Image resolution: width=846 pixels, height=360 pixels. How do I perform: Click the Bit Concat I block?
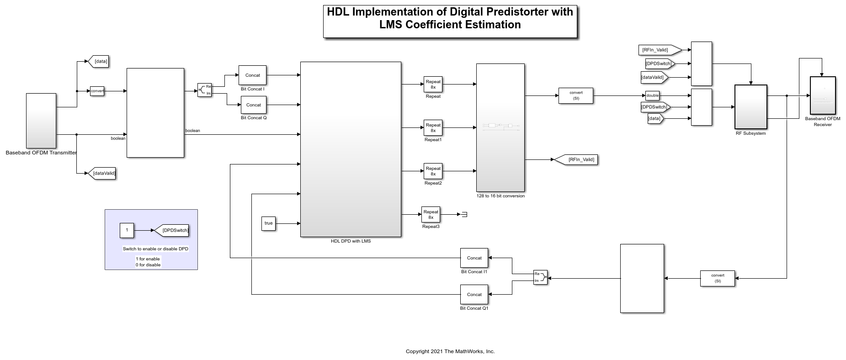point(252,75)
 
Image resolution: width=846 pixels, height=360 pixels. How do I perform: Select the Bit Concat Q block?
point(254,105)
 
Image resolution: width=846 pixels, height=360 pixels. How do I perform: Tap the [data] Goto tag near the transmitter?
point(98,61)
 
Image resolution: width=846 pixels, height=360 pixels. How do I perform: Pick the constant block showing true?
point(268,223)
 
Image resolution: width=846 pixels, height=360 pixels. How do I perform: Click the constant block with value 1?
point(127,230)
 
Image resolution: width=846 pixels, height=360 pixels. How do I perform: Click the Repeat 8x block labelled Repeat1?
point(433,128)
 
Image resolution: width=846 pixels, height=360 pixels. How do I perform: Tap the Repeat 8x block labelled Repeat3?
point(431,214)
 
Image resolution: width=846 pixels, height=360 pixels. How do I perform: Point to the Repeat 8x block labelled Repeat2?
point(433,171)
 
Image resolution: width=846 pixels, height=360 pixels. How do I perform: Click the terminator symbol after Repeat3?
point(464,214)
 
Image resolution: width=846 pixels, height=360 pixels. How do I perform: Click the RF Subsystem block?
point(750,107)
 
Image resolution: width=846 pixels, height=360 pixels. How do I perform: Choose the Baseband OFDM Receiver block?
point(823,95)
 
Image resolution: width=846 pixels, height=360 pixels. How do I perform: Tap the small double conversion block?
point(652,95)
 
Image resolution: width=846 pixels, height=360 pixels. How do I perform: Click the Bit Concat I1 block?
point(474,258)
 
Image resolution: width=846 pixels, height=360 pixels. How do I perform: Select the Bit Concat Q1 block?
point(474,295)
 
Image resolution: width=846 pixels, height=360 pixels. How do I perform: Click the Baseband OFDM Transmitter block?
point(41,121)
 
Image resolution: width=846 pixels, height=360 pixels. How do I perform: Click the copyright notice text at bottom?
point(450,351)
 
